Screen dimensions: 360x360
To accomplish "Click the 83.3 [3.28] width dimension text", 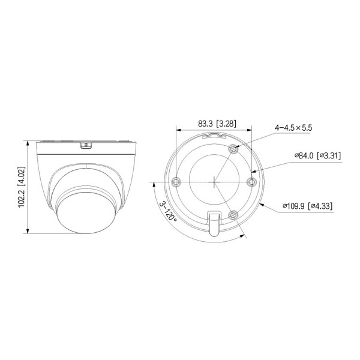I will (x=217, y=124).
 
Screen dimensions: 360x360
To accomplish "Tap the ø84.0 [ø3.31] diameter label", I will (x=317, y=155).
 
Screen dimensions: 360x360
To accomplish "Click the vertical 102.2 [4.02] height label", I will (x=20, y=187).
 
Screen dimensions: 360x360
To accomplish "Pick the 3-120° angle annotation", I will (x=167, y=212).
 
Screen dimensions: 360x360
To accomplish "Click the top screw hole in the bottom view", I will (x=233, y=148).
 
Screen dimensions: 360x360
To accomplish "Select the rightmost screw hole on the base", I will (x=252, y=181).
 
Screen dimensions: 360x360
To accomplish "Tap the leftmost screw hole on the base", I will (x=175, y=181).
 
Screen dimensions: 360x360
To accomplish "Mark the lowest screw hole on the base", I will (x=233, y=214).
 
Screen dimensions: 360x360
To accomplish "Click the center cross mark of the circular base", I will (x=214, y=181).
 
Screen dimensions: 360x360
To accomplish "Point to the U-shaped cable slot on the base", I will (x=213, y=223).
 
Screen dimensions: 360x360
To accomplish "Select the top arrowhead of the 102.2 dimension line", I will (x=28, y=142).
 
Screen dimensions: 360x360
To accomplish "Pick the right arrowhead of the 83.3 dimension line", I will (x=250, y=130).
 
